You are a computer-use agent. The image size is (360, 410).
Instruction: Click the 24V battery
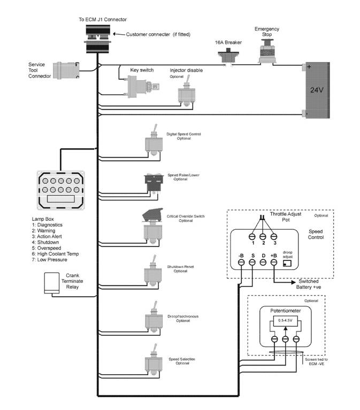pyautogui.click(x=317, y=90)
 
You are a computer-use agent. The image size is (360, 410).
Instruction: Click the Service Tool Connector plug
pyautogui.click(x=68, y=70)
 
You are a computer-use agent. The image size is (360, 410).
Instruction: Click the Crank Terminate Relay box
pyautogui.click(x=52, y=283)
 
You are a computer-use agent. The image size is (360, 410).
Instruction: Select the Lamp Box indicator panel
pyautogui.click(x=59, y=190)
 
